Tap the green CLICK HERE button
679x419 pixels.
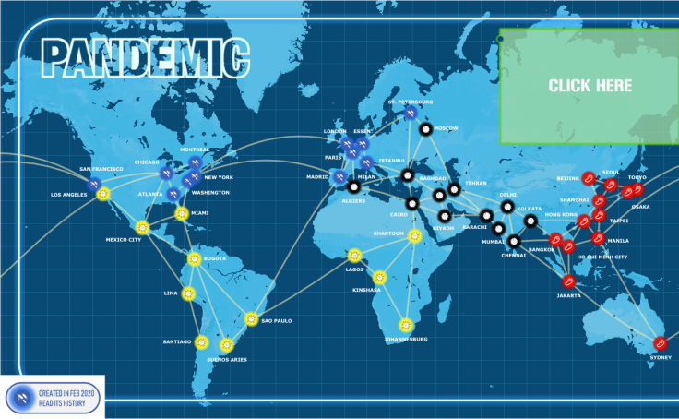590,86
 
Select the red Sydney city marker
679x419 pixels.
660,342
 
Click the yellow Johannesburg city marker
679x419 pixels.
405,325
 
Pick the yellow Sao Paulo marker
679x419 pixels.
251,319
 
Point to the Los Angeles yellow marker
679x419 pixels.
103,195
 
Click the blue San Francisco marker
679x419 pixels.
93,181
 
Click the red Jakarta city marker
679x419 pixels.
570,281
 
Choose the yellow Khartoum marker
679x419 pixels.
414,237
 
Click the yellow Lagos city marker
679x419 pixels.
354,256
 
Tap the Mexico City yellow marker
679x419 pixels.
142,227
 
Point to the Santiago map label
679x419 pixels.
176,342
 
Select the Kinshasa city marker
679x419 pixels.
379,276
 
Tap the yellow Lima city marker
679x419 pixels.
188,294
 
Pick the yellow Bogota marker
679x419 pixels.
195,259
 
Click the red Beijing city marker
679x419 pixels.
589,178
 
